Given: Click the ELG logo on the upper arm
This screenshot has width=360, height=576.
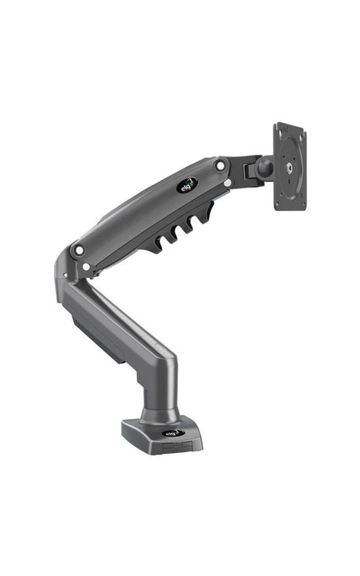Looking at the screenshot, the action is point(187,185).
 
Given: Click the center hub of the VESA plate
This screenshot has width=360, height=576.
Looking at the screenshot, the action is point(289,169).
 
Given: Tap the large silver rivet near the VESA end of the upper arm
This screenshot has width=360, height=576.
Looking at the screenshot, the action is point(220,166).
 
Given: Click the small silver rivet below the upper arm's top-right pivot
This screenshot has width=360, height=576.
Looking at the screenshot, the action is point(228,183).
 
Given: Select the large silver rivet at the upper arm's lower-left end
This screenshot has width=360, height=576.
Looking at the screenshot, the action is point(80,250).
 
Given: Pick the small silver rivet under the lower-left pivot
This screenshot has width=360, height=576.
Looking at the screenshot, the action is point(86,267).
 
